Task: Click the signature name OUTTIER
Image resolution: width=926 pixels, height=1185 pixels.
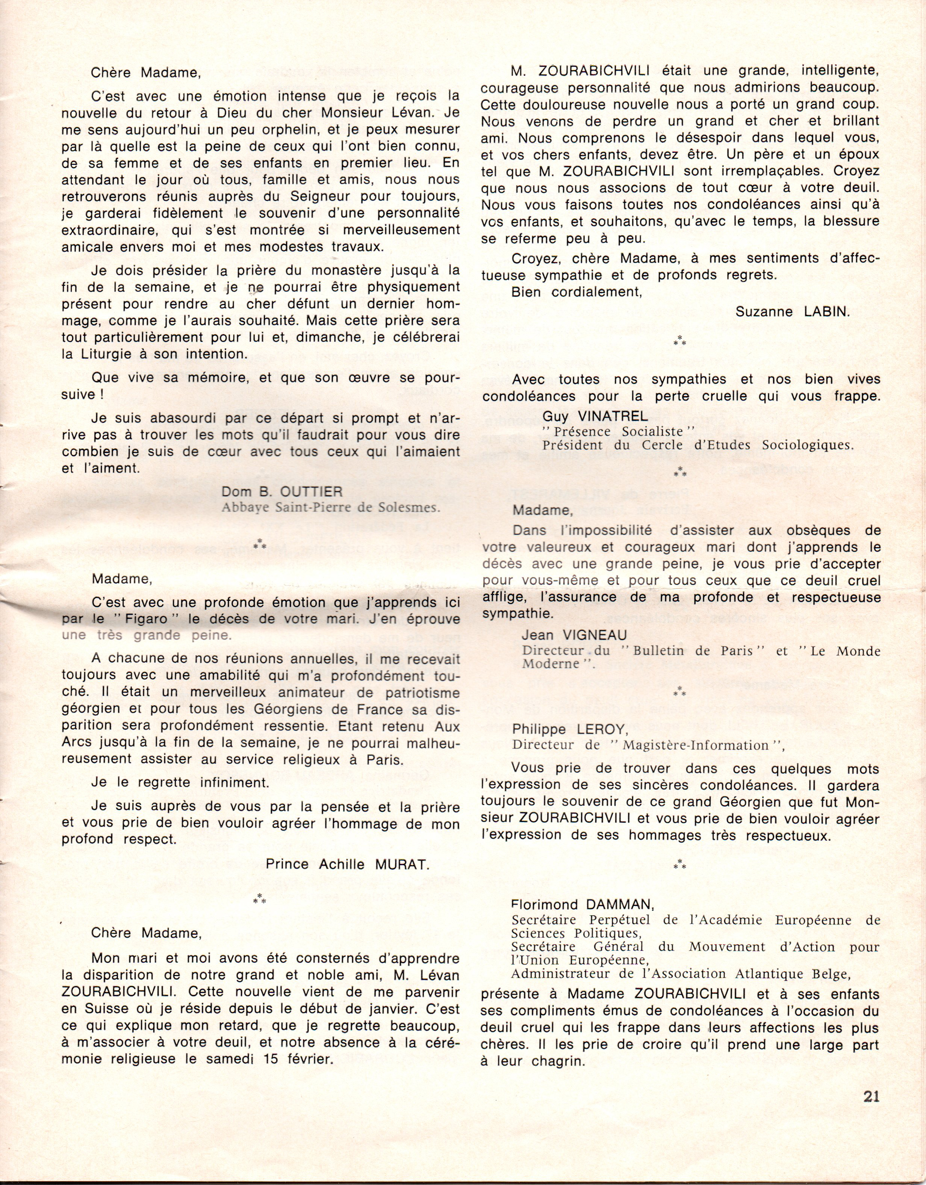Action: click(x=312, y=492)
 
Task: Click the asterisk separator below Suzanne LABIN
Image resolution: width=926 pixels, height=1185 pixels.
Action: click(x=679, y=342)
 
